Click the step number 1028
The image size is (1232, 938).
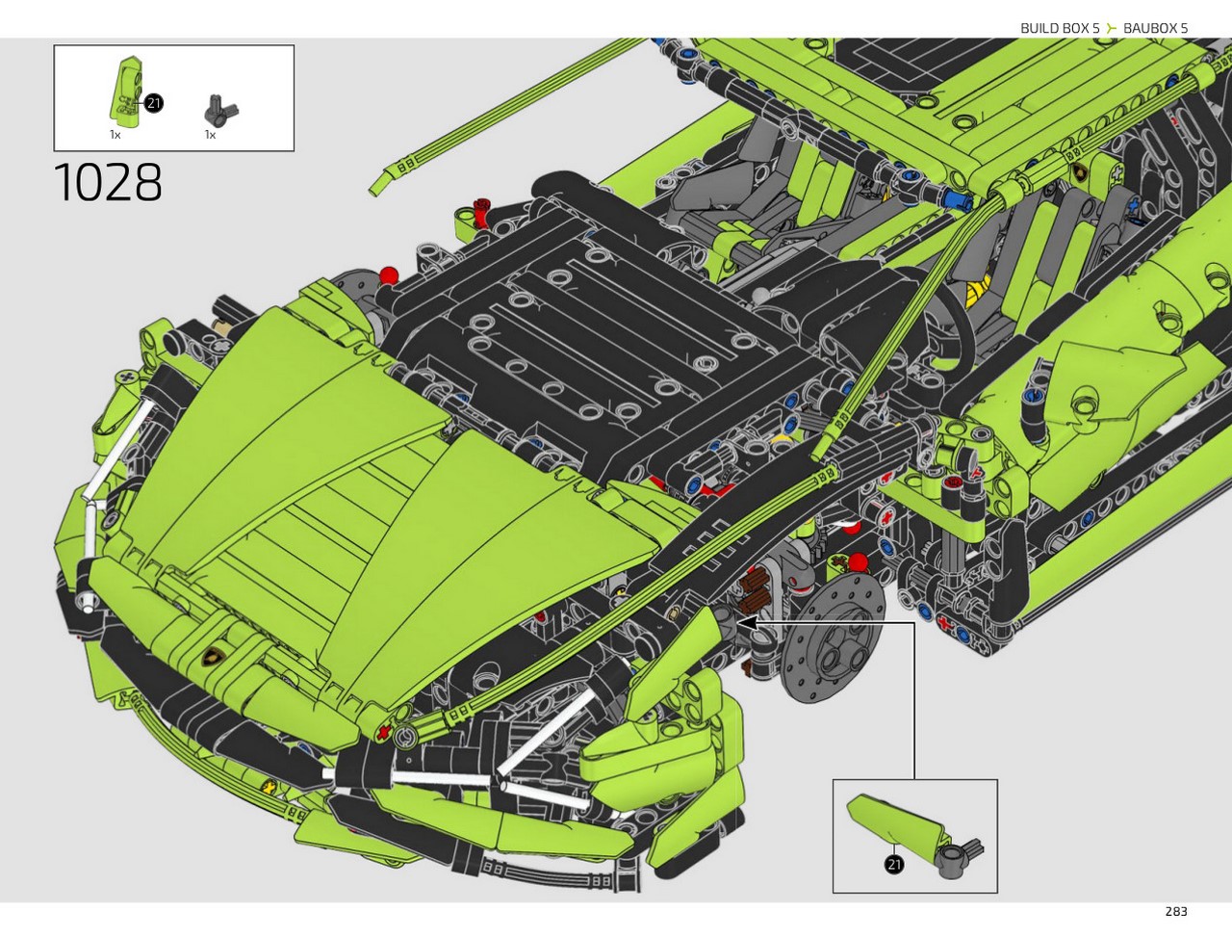(108, 182)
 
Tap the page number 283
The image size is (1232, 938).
(1176, 911)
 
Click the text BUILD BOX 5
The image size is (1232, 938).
(1060, 28)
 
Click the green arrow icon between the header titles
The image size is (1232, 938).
(1112, 28)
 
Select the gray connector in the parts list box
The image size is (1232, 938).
(219, 110)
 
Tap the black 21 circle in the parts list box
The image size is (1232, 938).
(153, 103)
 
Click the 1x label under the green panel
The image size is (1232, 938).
(115, 135)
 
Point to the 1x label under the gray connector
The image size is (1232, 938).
(210, 135)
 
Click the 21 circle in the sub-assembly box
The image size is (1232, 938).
(893, 864)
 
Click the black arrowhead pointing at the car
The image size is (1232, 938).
(747, 622)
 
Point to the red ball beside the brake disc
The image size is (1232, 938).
(858, 562)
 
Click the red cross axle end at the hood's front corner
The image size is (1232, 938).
(384, 732)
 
